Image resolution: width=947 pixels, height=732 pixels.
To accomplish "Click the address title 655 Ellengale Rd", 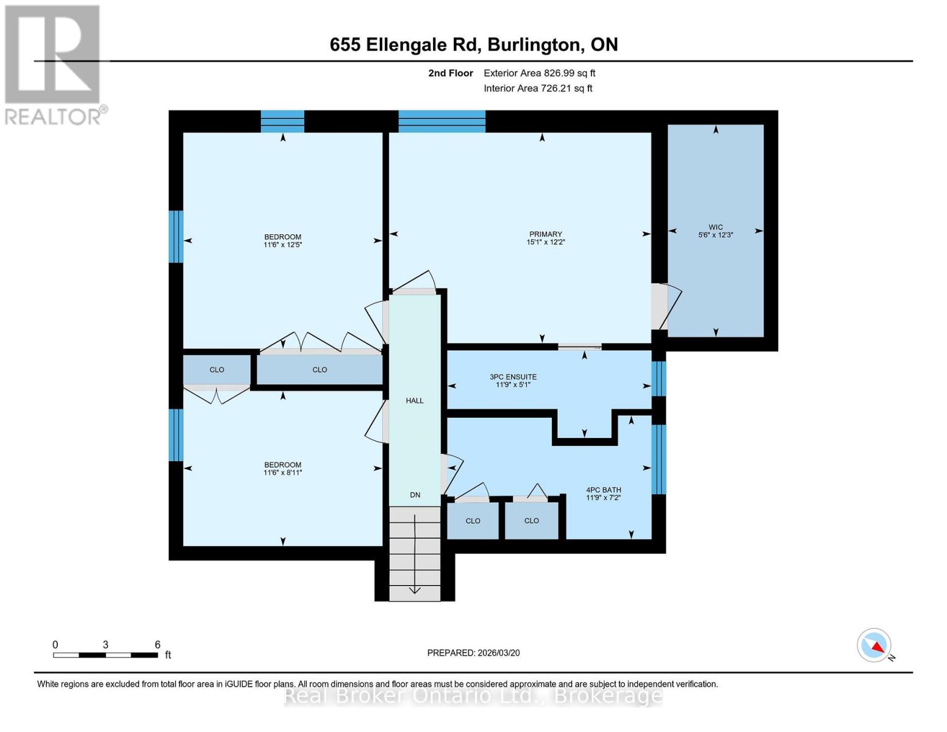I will pos(473,45).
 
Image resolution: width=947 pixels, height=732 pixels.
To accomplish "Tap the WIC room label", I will pos(715,227).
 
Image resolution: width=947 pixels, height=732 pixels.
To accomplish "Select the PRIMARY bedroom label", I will pos(545,234).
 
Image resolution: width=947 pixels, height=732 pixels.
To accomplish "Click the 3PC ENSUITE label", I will pos(513,377).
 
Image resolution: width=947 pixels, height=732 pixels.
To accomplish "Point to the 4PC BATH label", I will pos(603,490).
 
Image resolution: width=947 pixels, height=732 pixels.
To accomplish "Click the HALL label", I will pos(415,401).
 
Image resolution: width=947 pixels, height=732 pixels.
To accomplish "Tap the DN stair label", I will pos(415,495).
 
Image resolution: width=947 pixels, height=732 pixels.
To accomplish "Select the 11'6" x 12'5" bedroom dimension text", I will pos(282,245).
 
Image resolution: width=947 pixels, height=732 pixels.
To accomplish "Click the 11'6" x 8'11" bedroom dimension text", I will pos(282,472).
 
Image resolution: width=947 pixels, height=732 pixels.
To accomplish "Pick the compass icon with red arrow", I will pos(874,645).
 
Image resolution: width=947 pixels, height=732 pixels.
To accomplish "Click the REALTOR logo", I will pos(53,64).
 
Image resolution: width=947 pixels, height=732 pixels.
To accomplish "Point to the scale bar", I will pos(105,655).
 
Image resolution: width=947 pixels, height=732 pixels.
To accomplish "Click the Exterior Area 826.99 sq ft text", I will pos(539,73).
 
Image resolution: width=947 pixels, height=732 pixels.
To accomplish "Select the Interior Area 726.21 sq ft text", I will pos(538,88).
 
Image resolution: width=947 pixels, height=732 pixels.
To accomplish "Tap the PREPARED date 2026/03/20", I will pos(473,653).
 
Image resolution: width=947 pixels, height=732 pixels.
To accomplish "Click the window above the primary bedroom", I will pos(441,121).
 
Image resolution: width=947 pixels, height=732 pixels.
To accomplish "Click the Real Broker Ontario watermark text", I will pos(473,695).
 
